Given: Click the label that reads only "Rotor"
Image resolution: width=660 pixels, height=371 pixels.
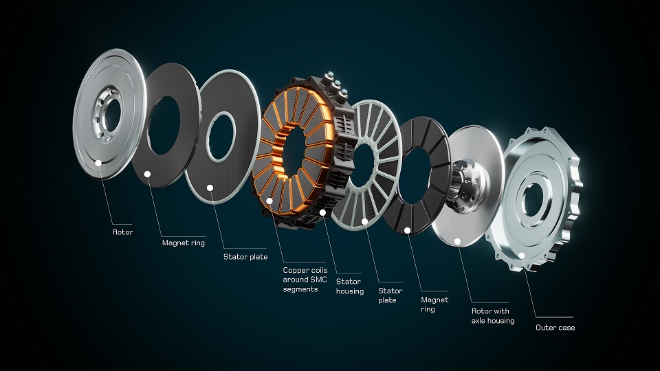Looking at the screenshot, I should (x=123, y=232).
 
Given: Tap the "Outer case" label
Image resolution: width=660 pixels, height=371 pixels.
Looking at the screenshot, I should (x=555, y=328).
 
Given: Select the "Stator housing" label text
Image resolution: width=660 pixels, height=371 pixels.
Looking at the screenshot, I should (x=349, y=286).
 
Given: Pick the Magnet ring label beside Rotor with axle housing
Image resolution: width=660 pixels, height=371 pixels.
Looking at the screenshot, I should (x=434, y=304).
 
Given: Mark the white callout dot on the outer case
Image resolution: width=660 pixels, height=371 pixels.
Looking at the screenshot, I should (x=521, y=256).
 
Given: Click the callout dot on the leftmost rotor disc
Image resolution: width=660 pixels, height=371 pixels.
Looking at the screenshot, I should (x=100, y=163).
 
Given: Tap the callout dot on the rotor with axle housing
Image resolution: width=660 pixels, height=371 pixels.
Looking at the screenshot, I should (x=458, y=241).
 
